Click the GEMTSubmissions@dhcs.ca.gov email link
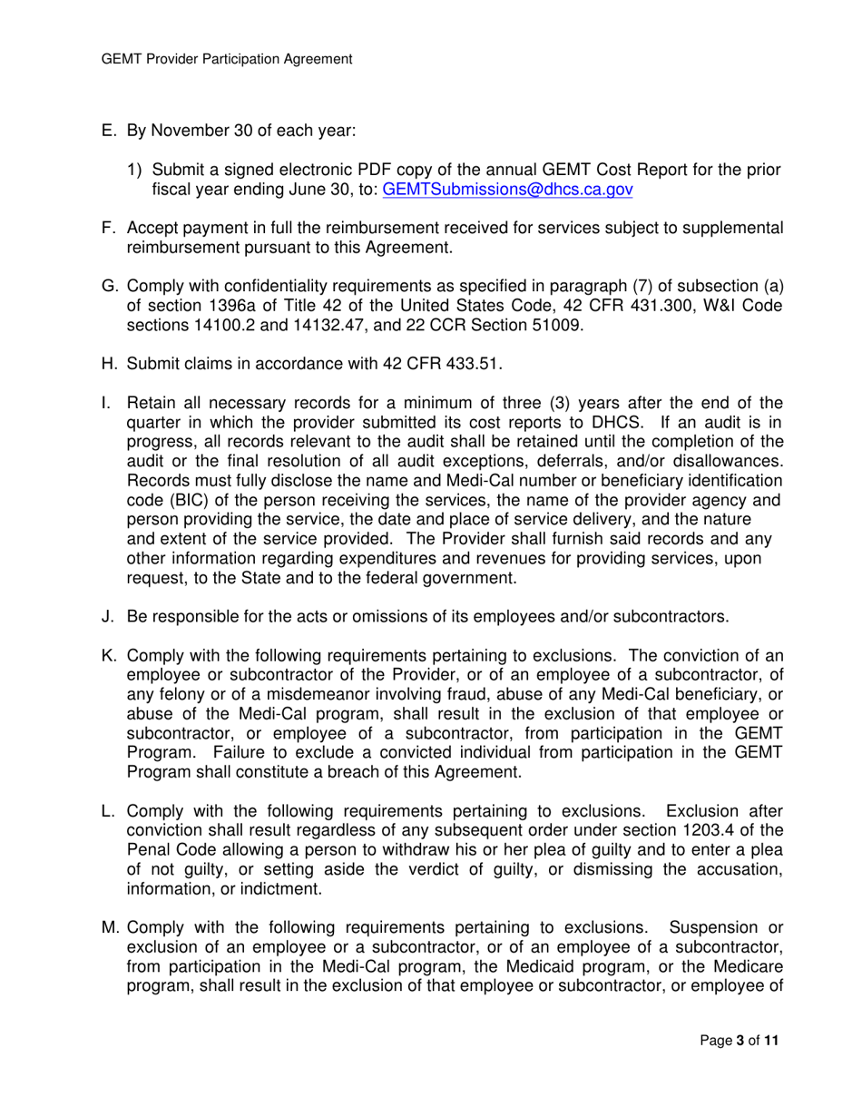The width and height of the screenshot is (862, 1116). pos(508,190)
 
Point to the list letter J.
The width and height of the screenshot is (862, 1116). pos(104,618)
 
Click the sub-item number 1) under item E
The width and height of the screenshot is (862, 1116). pos(135,171)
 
